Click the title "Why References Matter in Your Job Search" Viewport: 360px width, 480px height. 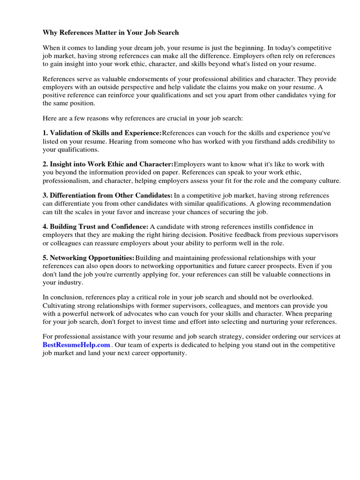click(111, 33)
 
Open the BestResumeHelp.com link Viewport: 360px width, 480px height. click(76, 345)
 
